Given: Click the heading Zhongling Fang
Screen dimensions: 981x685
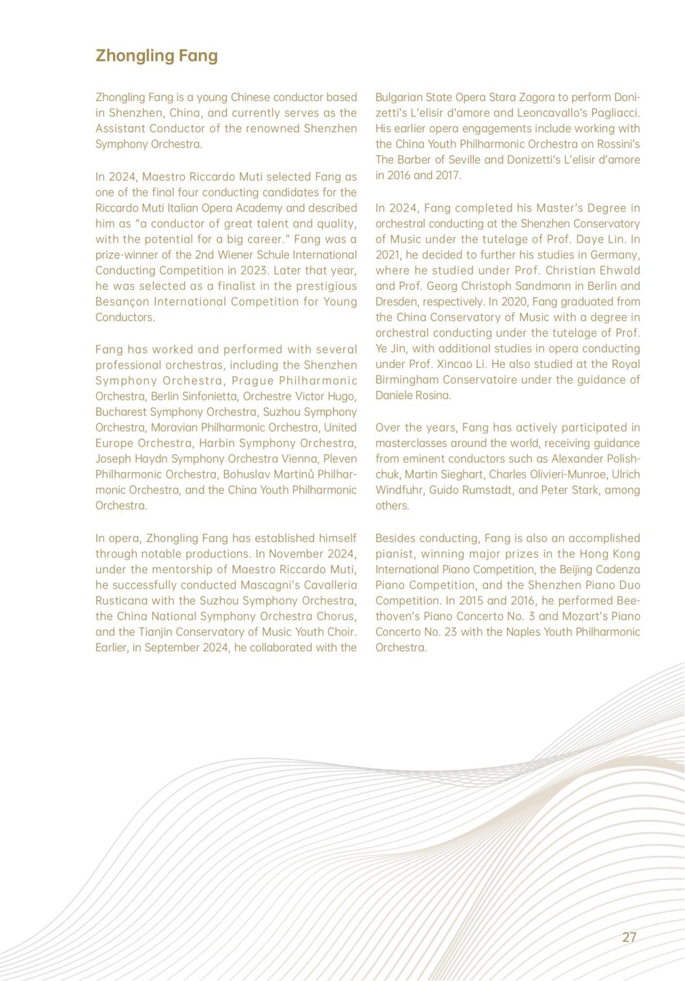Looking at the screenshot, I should tap(156, 56).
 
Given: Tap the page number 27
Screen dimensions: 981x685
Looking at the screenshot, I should tap(629, 937).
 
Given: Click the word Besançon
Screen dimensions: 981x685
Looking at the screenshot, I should tap(120, 302).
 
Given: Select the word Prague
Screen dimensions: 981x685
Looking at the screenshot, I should tap(253, 381).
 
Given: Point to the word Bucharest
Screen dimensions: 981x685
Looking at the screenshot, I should tap(120, 412).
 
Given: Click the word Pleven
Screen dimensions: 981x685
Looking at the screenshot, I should tap(340, 459).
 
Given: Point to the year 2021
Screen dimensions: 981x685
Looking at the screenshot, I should tap(389, 255).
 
